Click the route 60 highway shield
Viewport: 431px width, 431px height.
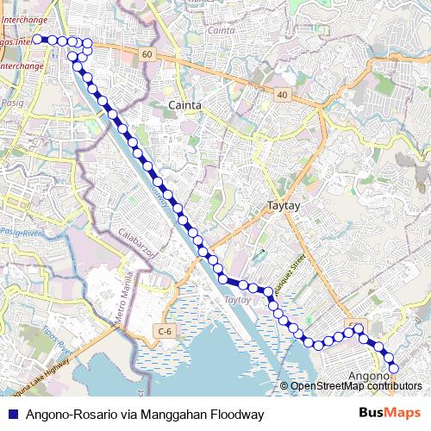pyautogui.click(x=147, y=54)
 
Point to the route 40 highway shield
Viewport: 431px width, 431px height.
pyautogui.click(x=282, y=94)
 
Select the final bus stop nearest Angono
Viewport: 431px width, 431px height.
pyautogui.click(x=395, y=369)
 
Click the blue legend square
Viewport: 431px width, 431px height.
pyautogui.click(x=12, y=414)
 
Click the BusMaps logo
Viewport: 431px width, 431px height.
pyautogui.click(x=390, y=414)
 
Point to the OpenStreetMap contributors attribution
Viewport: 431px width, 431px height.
pyautogui.click(x=354, y=385)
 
